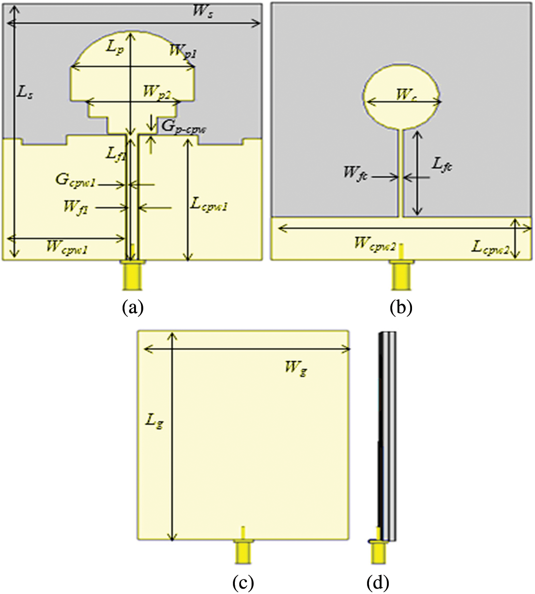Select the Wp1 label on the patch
(183, 51)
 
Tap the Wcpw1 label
(67, 247)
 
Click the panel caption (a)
(133, 307)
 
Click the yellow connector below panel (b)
(402, 273)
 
